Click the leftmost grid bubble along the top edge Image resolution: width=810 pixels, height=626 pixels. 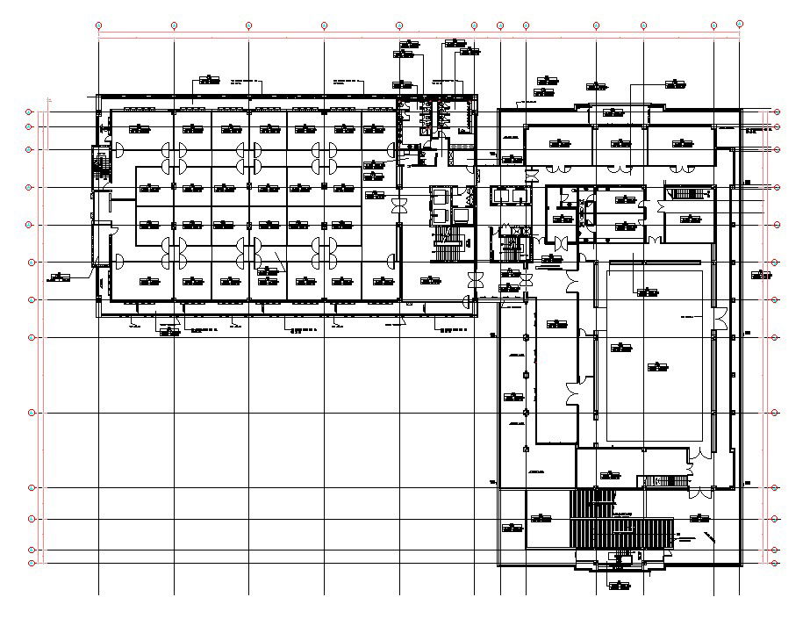tap(99, 25)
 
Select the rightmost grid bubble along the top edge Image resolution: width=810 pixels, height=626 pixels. tap(740, 24)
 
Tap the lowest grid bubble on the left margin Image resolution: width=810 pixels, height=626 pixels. tap(32, 563)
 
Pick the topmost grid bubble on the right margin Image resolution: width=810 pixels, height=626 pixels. tap(778, 112)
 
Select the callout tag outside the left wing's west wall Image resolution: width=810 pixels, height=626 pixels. tap(59, 277)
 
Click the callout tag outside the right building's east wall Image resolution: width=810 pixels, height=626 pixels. tap(762, 275)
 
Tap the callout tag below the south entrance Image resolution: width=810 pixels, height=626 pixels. tap(619, 584)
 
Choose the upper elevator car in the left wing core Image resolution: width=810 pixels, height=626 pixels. tap(438, 198)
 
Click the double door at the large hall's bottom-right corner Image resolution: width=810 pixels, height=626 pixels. tap(699, 453)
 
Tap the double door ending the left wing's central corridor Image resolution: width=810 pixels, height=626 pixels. tap(399, 205)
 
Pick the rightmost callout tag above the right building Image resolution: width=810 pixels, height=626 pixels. tap(675, 84)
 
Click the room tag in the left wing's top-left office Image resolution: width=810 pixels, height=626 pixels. tap(139, 129)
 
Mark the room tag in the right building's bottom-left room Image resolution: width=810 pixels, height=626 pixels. tap(513, 528)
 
